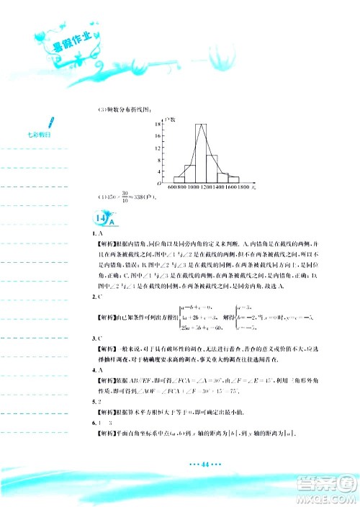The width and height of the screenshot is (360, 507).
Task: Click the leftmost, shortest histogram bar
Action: click(x=179, y=179)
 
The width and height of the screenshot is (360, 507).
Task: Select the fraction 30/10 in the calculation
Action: click(x=125, y=198)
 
